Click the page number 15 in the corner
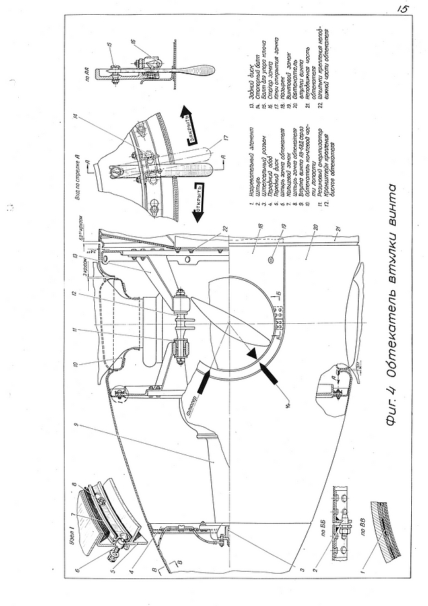[404, 10]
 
